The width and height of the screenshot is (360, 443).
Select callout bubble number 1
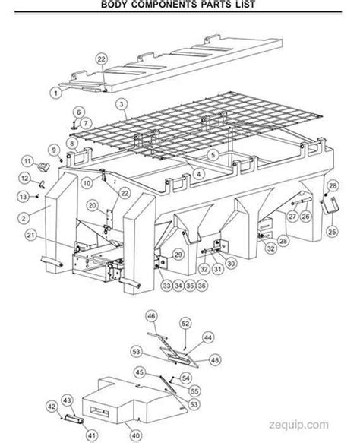[x=55, y=92]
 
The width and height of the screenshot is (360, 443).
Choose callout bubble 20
[x=91, y=204]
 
